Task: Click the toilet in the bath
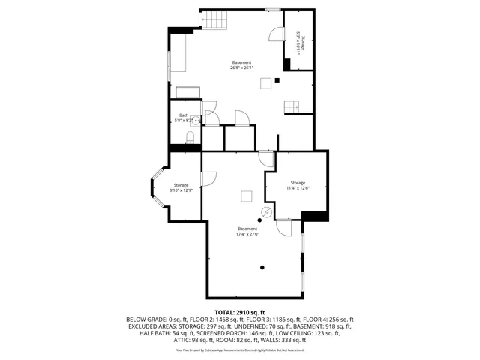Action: click(x=190, y=137)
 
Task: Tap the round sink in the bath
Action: click(x=197, y=118)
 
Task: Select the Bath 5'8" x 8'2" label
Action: click(x=183, y=118)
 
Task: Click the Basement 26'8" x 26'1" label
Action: click(x=241, y=64)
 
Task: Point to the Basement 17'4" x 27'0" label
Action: click(x=247, y=231)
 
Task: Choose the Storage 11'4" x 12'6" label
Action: click(x=298, y=185)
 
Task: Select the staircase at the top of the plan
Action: click(x=214, y=20)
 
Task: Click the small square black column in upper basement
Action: click(x=277, y=79)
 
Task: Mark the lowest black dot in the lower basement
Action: click(x=262, y=267)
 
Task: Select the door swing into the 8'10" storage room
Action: click(x=208, y=179)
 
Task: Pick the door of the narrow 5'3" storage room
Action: click(x=276, y=35)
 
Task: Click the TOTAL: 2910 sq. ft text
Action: click(x=240, y=311)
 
